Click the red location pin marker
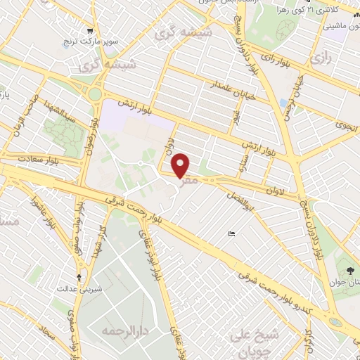pos(181,165)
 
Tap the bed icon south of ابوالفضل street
pos(232,233)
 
